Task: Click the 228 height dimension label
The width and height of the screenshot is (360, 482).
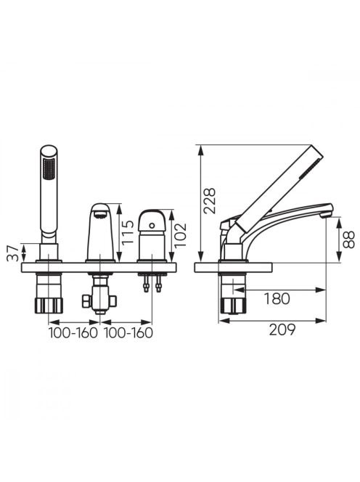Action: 210,201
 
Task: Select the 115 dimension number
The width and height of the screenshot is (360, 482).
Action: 128,232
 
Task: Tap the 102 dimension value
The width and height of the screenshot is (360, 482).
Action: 181,235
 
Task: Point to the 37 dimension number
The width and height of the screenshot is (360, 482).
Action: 12,253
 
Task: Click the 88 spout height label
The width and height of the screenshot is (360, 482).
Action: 349,240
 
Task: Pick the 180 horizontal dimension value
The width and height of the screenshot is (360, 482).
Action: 277,298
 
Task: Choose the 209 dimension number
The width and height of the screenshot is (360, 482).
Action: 282,330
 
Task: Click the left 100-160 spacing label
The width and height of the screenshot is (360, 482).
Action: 73,332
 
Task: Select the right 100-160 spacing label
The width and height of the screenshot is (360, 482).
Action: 128,332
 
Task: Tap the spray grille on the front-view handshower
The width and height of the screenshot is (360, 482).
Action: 49,168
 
